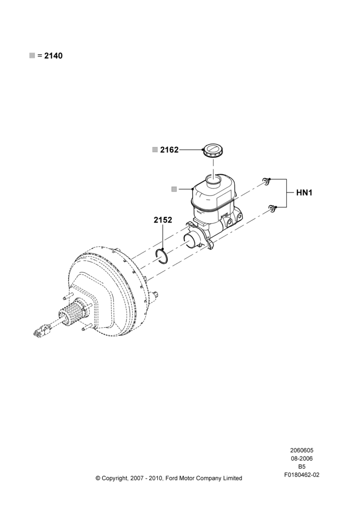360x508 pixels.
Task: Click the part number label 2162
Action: pos(169,150)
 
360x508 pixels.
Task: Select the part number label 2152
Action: pos(163,220)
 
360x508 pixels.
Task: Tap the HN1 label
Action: pos(304,193)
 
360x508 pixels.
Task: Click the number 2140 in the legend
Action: pos(53,56)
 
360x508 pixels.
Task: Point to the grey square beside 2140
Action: pos(32,56)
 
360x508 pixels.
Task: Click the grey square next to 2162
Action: pos(155,150)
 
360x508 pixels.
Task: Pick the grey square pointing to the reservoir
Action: pos(174,189)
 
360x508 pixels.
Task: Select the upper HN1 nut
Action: pos(266,180)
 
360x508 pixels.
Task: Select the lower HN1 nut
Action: pos(273,209)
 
